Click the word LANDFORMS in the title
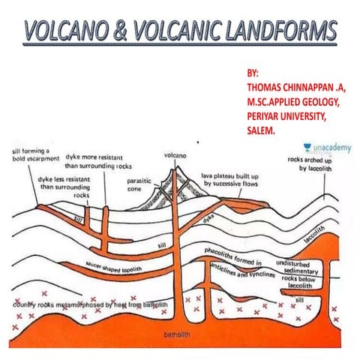click(x=277, y=32)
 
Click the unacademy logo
click(x=325, y=149)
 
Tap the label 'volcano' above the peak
click(x=175, y=155)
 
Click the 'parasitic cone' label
click(x=139, y=184)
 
